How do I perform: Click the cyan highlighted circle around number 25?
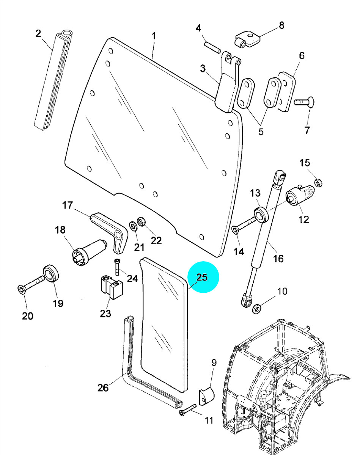(x=203, y=277)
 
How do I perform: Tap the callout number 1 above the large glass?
(x=154, y=36)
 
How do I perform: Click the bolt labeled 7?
(x=304, y=102)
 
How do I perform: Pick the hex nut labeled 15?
(x=318, y=183)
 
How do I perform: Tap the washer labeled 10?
(x=256, y=309)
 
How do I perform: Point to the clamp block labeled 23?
(x=112, y=287)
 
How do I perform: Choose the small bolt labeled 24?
(x=117, y=267)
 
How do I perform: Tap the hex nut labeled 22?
(x=141, y=221)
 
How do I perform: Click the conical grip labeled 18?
(x=90, y=253)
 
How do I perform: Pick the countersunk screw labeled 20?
(x=31, y=284)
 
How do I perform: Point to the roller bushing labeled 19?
(x=51, y=273)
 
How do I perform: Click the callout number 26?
(x=103, y=388)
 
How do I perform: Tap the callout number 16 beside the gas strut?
(x=278, y=258)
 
